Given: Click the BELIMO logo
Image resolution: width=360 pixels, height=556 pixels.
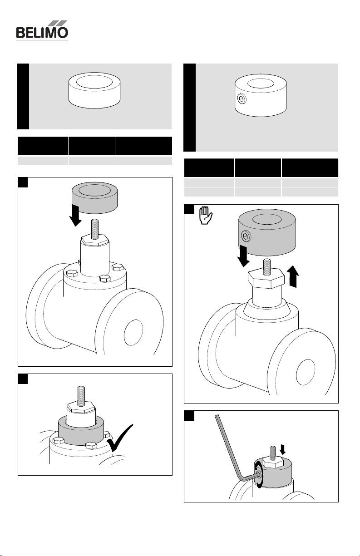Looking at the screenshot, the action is click(x=42, y=30).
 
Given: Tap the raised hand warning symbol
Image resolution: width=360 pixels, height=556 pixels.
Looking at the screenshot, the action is click(x=206, y=215).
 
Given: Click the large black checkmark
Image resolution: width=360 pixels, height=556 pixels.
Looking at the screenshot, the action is click(x=120, y=438).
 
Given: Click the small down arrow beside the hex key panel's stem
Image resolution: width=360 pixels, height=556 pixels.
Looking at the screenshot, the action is click(x=282, y=449).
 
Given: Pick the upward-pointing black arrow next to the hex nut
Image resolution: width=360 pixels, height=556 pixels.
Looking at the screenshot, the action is click(x=293, y=276).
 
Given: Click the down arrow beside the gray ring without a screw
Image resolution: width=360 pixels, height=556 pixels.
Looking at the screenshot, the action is click(x=75, y=216).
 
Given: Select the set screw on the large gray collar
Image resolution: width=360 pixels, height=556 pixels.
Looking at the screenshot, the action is click(x=246, y=236).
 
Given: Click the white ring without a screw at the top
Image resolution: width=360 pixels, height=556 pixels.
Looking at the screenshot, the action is click(x=94, y=90).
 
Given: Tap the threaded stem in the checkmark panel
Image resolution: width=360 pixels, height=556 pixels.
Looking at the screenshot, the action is click(x=81, y=396).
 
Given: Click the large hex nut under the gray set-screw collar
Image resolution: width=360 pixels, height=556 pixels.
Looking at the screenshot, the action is click(x=266, y=279).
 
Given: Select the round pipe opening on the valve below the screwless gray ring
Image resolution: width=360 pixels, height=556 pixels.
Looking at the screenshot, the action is click(x=133, y=333).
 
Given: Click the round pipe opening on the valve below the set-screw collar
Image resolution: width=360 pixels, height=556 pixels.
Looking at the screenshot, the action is click(x=306, y=372).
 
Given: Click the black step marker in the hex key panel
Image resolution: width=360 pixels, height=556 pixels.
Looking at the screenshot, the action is click(x=189, y=416).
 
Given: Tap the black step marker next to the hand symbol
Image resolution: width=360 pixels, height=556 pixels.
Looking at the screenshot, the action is click(x=189, y=209).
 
